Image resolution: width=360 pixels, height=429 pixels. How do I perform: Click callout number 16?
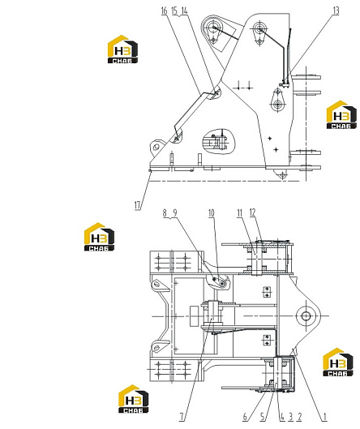coord(164,11)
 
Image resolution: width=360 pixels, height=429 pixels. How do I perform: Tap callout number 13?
coord(336,11)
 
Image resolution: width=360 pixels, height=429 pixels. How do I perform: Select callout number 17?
coord(138,205)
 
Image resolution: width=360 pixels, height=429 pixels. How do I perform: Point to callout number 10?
coord(212,213)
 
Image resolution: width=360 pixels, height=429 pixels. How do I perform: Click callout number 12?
coord(252,212)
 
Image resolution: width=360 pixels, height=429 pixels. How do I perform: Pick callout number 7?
coord(182,417)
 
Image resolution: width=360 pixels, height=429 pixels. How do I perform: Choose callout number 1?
coord(324,417)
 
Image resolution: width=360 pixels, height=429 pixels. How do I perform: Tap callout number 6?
coord(245,417)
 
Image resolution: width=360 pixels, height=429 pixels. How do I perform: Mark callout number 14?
coord(184,11)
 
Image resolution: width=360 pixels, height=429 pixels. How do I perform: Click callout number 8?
coord(165,213)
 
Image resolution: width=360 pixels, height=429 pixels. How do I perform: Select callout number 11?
coord(240,213)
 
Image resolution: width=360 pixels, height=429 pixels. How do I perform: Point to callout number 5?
coord(263,417)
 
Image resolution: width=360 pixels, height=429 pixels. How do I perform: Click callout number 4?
coord(282,417)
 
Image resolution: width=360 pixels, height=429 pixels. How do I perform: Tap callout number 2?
coord(300,417)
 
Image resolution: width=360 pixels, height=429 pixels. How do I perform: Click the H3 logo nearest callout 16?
coord(122,49)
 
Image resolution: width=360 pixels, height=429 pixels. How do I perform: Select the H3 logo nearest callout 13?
coord(341,114)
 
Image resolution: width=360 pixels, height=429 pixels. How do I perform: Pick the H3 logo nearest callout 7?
coord(134,399)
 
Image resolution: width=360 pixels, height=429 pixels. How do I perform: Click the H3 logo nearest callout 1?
coord(338,363)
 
